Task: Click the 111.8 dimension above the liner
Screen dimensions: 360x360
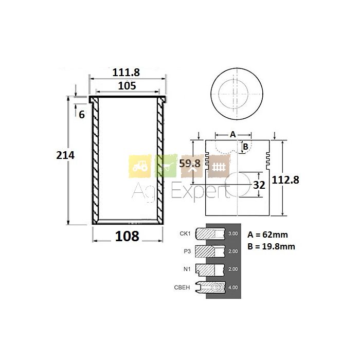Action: coord(127,73)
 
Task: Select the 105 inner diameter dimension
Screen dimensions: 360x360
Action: coord(127,86)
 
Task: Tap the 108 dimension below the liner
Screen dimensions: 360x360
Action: coord(127,236)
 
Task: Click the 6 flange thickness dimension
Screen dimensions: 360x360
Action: coord(81,115)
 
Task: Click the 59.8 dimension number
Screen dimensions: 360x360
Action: coord(189,164)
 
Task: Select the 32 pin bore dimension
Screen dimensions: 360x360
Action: coord(259,185)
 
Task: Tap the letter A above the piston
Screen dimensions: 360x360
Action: coord(232,134)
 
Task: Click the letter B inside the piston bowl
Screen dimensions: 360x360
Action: coord(245,147)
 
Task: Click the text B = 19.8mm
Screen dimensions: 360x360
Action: coord(271,246)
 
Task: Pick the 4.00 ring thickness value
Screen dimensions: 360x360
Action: coord(232,287)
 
